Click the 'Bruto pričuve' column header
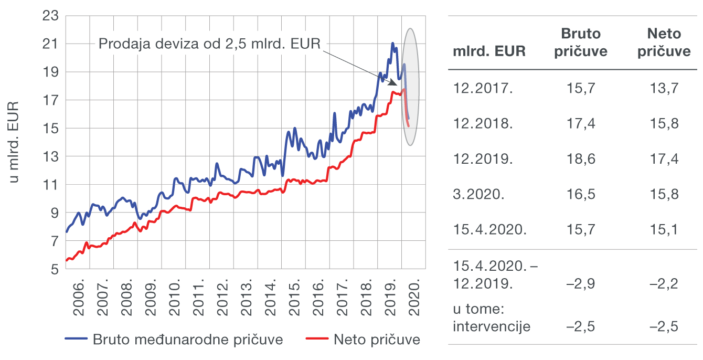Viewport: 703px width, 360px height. click(x=581, y=43)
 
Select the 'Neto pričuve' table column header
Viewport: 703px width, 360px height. click(x=664, y=43)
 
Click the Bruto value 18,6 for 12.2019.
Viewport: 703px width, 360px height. click(x=581, y=159)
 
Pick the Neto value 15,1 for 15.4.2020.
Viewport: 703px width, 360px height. click(x=664, y=230)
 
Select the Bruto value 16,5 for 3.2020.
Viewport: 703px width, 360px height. click(x=581, y=194)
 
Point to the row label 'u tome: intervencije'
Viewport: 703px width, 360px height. click(x=492, y=317)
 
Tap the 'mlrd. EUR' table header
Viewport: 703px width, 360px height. click(x=488, y=51)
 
